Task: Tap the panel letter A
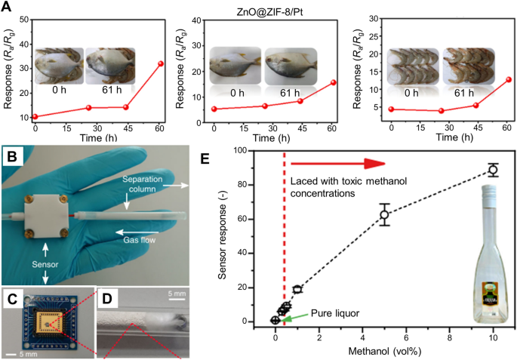[8, 8]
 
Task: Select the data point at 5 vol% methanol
[384, 214]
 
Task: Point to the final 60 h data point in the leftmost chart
[160, 63]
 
